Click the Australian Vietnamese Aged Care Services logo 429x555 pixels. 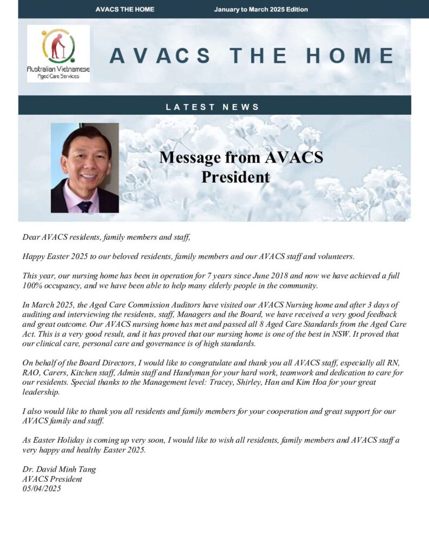(x=59, y=53)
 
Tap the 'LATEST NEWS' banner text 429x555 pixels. (x=213, y=107)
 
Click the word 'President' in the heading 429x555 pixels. (x=235, y=177)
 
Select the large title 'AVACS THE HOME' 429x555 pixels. (x=251, y=56)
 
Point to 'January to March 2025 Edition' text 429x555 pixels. (x=261, y=9)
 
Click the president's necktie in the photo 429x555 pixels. (x=85, y=205)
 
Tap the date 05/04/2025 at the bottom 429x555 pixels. (x=42, y=488)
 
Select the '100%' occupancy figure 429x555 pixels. (x=33, y=285)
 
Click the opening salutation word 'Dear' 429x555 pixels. (x=31, y=237)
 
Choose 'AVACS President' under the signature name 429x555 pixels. (x=52, y=479)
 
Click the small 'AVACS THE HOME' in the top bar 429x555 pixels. (x=125, y=9)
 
